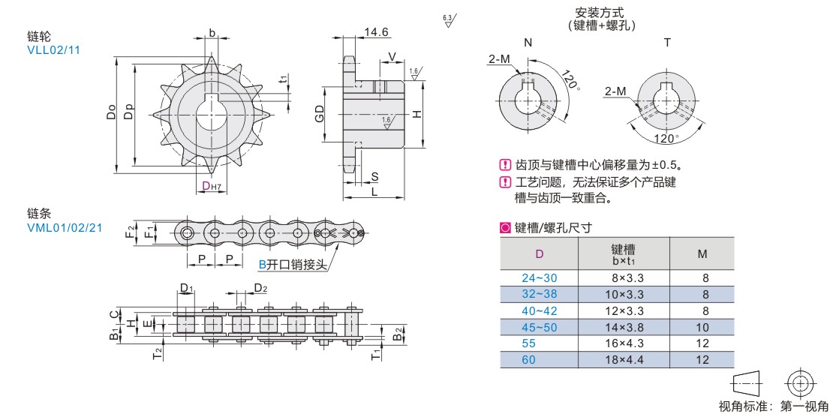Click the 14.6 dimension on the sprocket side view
point(376,32)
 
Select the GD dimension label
point(320,115)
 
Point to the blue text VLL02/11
point(53,49)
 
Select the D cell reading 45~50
point(539,327)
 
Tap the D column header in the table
point(539,253)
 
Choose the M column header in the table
point(702,253)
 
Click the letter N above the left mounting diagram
point(528,43)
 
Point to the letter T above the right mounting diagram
point(667,43)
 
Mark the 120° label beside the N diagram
point(571,81)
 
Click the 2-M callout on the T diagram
point(615,91)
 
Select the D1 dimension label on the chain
point(187,289)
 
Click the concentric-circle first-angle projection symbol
point(799,383)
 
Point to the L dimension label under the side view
point(374,192)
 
